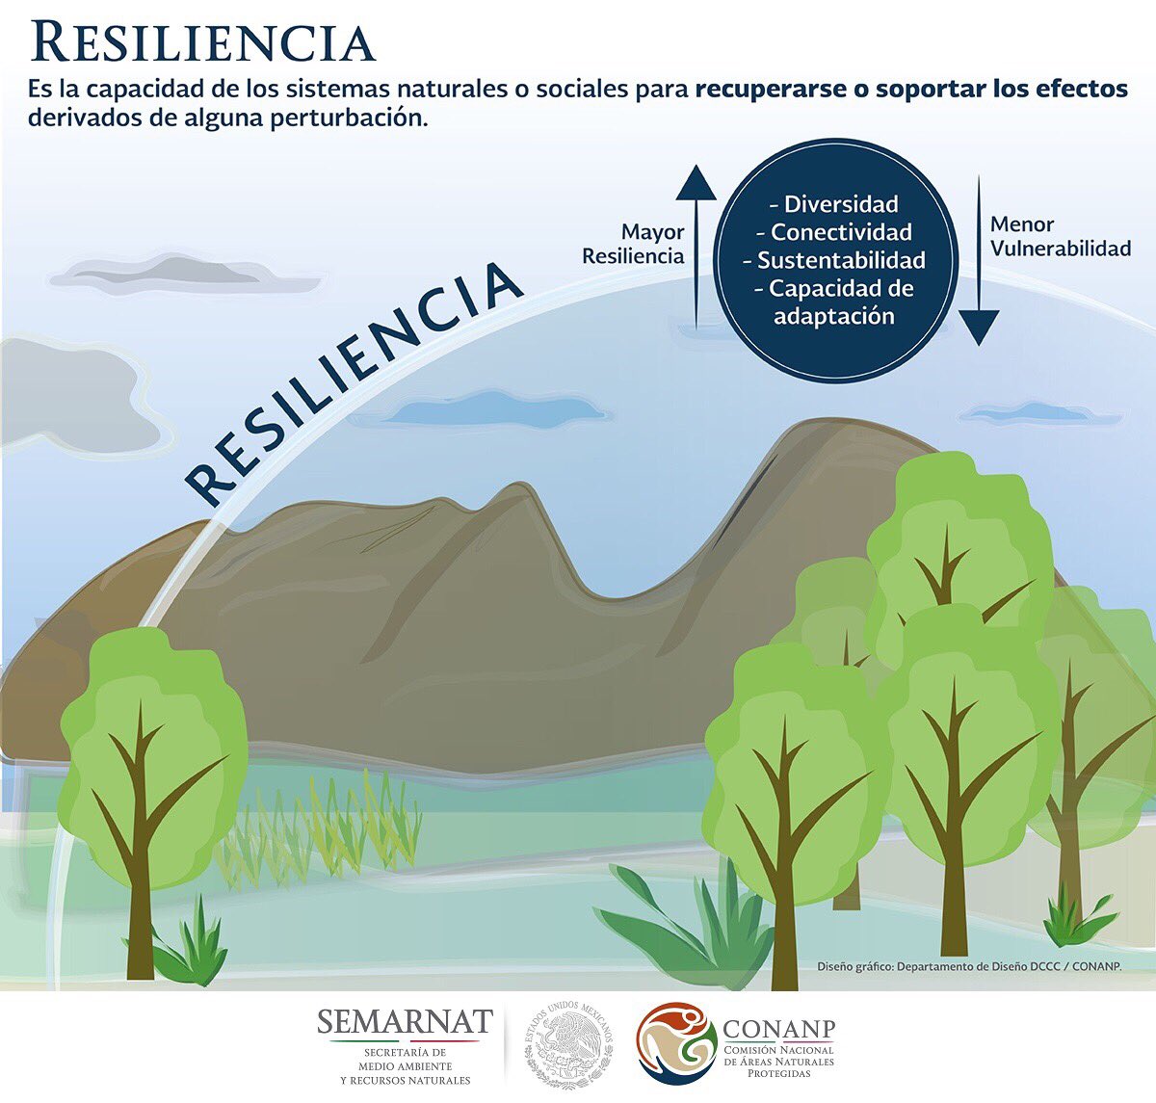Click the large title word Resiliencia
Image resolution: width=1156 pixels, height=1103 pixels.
tap(202, 43)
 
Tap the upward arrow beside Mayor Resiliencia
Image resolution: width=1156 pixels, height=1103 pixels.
tap(696, 246)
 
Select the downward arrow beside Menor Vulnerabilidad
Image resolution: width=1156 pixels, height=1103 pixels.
tap(979, 260)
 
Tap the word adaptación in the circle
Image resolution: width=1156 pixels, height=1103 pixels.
tap(834, 316)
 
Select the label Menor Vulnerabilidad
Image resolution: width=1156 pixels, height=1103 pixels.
tap(1060, 237)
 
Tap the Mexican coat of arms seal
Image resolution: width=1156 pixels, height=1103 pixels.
tap(568, 1045)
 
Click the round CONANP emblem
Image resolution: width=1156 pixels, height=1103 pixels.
tap(676, 1044)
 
